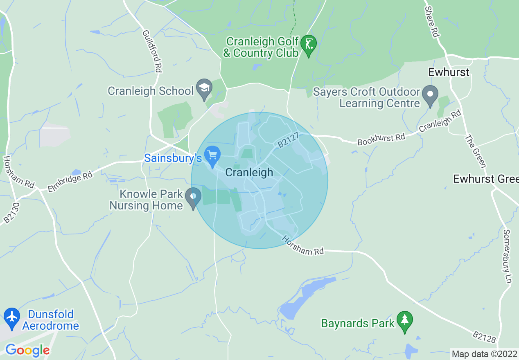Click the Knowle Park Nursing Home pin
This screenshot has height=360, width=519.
(193, 197)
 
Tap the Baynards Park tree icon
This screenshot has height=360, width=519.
(405, 321)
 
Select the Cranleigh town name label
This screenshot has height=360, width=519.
(249, 172)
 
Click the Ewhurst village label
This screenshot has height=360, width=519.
(449, 72)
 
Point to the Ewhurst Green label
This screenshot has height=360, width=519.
(485, 179)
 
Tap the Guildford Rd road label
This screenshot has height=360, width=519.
(151, 51)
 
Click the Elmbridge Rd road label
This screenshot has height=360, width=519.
(70, 182)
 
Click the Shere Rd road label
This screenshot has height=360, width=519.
(431, 22)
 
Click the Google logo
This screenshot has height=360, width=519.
(27, 350)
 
